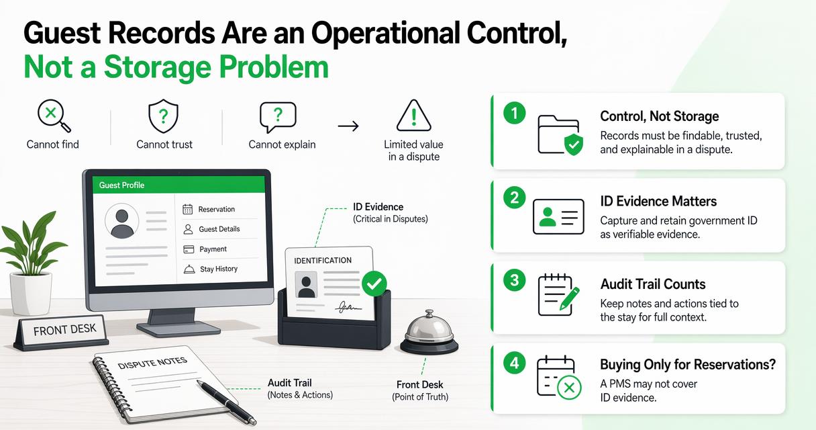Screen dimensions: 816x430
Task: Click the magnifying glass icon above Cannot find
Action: coord(54,116)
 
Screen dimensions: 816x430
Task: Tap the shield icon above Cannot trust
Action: coord(164,116)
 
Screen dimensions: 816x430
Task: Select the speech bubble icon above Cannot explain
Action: coord(278,117)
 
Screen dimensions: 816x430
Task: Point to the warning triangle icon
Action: coord(413,116)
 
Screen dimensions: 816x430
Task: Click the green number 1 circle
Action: coord(515,113)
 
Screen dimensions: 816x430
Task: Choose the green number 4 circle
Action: coord(515,363)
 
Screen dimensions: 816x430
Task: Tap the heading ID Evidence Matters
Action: coord(658,201)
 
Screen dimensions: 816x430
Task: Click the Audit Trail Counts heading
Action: coord(653,284)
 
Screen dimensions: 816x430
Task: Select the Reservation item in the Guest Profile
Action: coord(209,210)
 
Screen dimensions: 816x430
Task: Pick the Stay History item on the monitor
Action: coord(210,269)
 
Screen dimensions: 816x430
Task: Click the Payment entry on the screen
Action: coord(205,249)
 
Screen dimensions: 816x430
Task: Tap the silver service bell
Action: coord(429,333)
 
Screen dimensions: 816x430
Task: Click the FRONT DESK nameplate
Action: coord(61,332)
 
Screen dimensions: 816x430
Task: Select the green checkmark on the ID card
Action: coord(374,284)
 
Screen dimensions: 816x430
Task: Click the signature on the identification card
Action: coord(348,308)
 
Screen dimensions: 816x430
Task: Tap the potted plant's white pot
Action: coord(31,293)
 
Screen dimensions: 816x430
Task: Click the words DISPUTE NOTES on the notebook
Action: coord(152,363)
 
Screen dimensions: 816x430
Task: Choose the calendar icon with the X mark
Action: coord(559,377)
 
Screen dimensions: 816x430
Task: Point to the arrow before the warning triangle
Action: coord(348,126)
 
